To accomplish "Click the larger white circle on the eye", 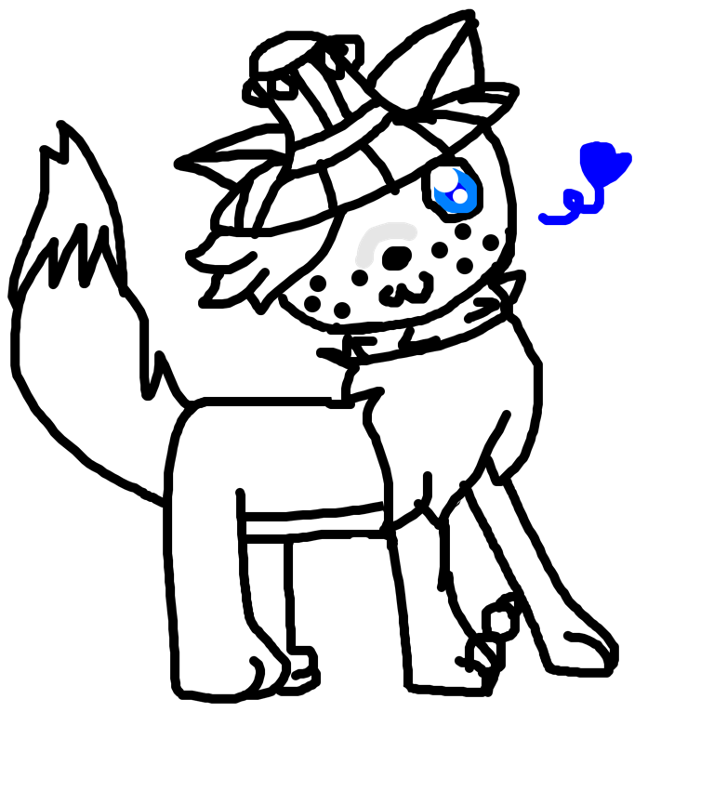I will coord(445,178).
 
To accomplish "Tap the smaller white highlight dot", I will coord(460,196).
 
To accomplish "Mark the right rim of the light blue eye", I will coord(474,194).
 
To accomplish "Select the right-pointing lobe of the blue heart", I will coord(624,159).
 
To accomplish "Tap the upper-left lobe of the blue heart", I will coord(590,149).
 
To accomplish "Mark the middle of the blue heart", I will coord(600,164).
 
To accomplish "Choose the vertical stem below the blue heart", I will coord(600,196).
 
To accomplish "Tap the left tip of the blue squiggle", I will coord(542,218).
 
